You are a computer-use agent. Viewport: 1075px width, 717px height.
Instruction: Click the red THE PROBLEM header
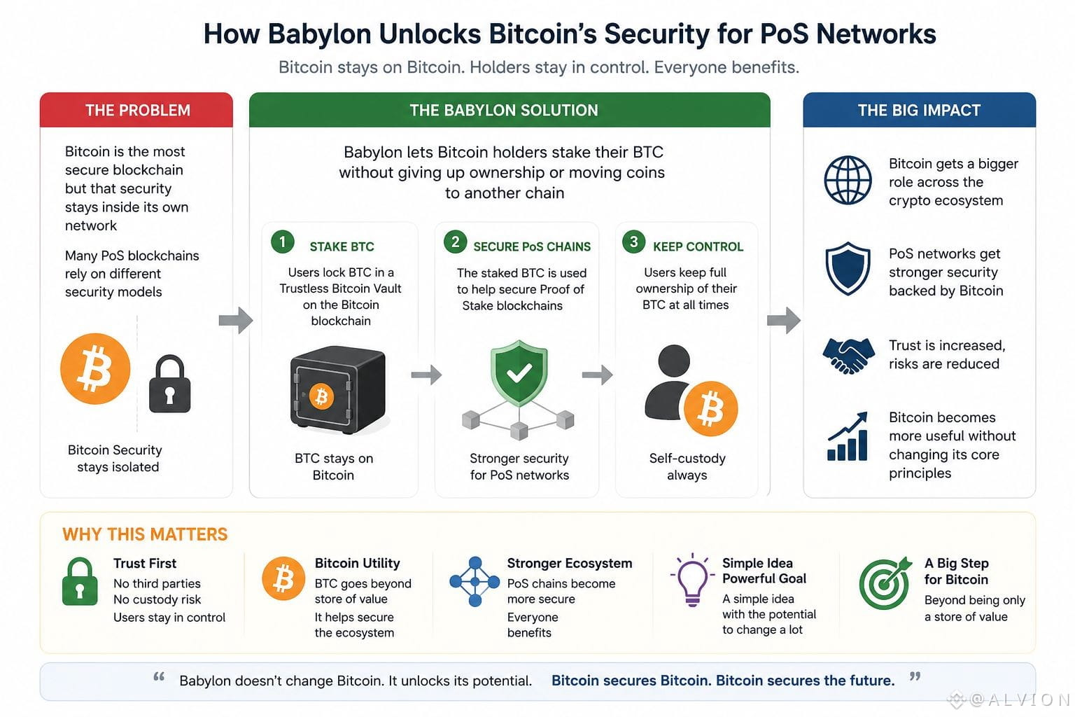(136, 110)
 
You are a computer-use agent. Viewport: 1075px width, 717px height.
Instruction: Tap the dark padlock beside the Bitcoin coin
(170, 384)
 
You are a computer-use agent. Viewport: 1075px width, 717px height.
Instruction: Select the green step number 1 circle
(282, 242)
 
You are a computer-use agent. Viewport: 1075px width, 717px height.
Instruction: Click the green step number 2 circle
(455, 242)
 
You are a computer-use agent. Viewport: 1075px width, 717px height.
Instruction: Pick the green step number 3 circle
(633, 242)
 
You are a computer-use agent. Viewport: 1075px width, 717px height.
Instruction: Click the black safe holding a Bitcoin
(338, 390)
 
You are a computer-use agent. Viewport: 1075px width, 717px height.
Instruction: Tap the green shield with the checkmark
(519, 373)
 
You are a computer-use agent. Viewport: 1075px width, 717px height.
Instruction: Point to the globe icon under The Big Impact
(848, 181)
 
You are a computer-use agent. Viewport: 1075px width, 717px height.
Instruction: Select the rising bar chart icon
(848, 436)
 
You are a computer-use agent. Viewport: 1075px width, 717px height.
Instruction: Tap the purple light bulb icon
(692, 580)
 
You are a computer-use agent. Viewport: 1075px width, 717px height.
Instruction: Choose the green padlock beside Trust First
(80, 581)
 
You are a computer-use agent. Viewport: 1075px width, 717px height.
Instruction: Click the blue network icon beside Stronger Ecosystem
(475, 582)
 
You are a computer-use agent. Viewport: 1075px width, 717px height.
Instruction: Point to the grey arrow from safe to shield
(426, 375)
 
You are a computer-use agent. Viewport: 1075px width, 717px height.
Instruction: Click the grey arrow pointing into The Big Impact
(784, 320)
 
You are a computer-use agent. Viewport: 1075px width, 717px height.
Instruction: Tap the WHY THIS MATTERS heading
(145, 534)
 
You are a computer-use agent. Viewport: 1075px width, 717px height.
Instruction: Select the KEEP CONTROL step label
(698, 246)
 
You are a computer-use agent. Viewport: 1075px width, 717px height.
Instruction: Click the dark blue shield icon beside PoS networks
(848, 268)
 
